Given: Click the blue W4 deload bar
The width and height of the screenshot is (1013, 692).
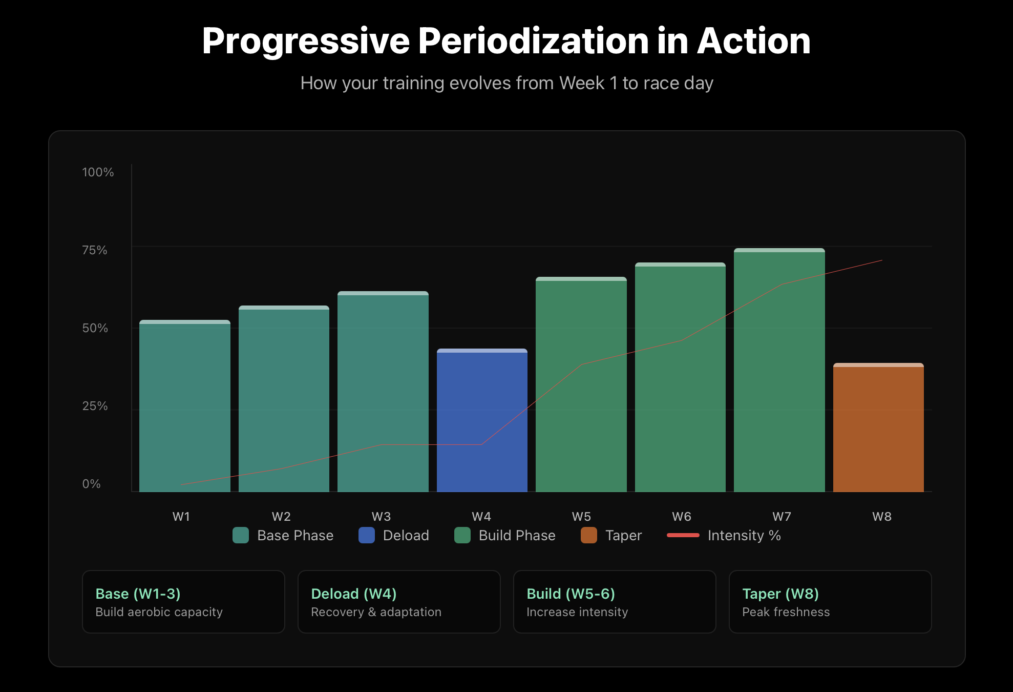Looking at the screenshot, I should (482, 420).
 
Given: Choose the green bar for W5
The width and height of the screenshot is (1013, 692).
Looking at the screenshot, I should (581, 384).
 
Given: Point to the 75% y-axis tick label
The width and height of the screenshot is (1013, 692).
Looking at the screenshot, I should (95, 250).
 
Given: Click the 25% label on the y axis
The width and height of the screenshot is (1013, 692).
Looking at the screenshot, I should (95, 406).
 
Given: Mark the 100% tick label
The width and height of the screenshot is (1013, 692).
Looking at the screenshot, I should (98, 172).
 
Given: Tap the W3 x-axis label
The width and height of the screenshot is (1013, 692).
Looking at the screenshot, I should (381, 516).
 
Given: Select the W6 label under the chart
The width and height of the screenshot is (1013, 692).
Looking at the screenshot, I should (681, 516).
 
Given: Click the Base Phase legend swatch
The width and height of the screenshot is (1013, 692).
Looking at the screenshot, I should (241, 535).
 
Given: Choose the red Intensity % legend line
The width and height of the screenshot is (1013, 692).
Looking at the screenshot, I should (683, 535).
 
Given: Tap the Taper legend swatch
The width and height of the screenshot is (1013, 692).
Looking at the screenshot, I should (589, 535).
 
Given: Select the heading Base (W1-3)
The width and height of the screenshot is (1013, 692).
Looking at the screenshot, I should (138, 594).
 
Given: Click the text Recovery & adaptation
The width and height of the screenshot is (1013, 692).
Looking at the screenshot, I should (376, 612).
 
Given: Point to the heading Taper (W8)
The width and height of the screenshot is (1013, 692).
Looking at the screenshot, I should (780, 594).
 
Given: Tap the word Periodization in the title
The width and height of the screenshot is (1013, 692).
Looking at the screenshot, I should (534, 41).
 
